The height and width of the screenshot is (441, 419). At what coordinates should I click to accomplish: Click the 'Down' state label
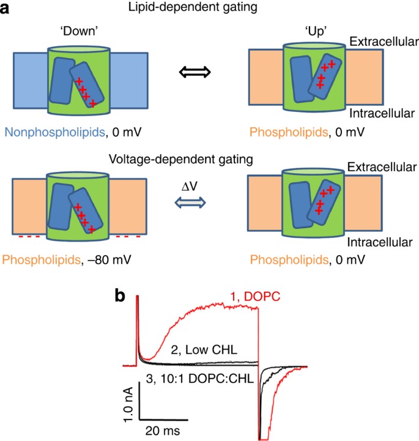coord(79,31)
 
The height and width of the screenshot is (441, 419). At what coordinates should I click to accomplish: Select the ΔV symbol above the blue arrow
coord(195,181)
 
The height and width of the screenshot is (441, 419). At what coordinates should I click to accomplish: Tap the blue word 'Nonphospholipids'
coord(39,130)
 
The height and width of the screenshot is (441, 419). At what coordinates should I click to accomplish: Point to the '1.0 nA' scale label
coord(128,402)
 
